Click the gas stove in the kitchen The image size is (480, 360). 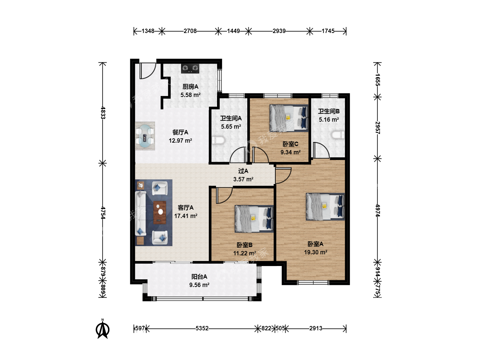tap(190, 68)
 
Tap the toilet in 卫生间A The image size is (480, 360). tap(218, 140)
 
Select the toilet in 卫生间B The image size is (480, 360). tap(338, 135)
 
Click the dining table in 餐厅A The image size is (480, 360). tap(145, 136)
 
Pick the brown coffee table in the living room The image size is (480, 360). tap(160, 212)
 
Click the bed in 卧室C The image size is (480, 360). tap(289, 118)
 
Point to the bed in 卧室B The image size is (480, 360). tap(254, 219)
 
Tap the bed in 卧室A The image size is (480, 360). tap(325, 207)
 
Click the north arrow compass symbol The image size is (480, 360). tap(103, 329)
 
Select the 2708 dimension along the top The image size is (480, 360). tap(190, 31)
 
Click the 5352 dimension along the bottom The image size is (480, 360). tap(202, 328)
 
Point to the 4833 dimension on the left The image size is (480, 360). tap(103, 113)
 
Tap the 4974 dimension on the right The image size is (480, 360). tap(378, 210)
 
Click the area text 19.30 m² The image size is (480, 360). tap(316, 252)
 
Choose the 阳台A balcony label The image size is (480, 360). tap(199, 277)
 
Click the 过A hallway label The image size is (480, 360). tap(243, 171)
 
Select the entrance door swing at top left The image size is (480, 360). tap(148, 71)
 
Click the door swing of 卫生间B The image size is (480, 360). tap(321, 150)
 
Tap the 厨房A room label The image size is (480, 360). tap(190, 87)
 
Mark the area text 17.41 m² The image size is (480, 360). tap(186, 216)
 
